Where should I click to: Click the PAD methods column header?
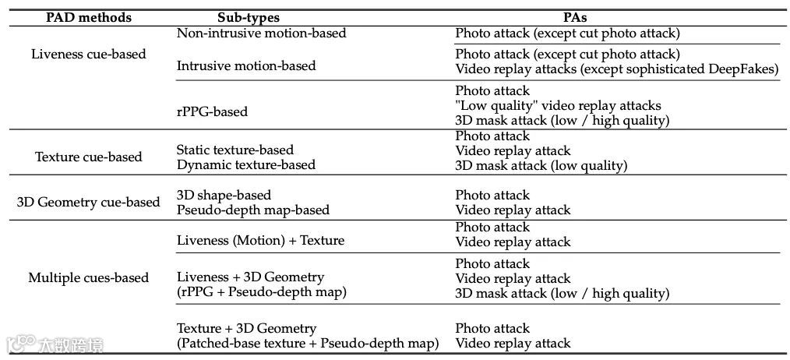[88, 17]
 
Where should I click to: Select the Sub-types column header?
[249, 17]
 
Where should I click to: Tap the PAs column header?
[578, 17]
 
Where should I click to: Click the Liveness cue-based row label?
[89, 55]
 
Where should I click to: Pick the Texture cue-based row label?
[89, 157]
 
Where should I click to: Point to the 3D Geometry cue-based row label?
[88, 202]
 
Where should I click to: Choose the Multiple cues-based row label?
[88, 277]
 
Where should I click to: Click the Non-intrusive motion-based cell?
[262, 34]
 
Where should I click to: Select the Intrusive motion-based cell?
[246, 65]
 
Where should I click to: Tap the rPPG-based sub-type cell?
[212, 111]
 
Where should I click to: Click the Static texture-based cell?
[235, 150]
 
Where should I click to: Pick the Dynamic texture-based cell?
[246, 164]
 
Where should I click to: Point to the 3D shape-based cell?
[224, 195]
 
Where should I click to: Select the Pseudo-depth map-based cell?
[253, 210]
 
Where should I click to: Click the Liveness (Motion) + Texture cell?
[260, 240]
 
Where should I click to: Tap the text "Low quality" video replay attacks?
[558, 105]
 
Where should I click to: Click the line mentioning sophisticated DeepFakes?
[616, 69]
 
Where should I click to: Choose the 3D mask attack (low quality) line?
[541, 165]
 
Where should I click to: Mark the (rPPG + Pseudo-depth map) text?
[262, 292]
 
